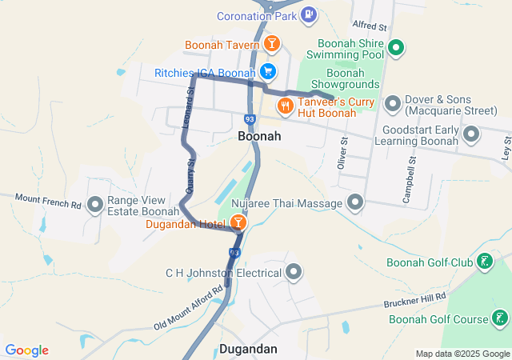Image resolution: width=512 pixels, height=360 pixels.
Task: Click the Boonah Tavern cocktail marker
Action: coord(272,43)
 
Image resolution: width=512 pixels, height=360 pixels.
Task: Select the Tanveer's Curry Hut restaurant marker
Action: coord(284,105)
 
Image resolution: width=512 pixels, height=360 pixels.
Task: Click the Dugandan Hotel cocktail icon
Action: coord(238,222)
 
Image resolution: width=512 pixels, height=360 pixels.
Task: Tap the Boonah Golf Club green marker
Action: coord(484,261)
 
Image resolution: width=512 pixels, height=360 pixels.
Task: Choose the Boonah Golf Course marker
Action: coord(500,318)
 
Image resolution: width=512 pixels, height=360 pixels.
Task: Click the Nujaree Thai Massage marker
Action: coord(354,202)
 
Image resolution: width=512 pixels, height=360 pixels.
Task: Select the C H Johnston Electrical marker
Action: coord(294,272)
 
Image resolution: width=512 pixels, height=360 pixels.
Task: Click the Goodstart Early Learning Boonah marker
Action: coord(471,134)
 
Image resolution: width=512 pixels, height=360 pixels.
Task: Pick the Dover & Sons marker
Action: coord(392,103)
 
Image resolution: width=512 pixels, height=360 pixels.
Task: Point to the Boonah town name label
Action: coord(259,137)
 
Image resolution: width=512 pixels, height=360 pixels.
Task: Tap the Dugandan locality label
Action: coord(248,349)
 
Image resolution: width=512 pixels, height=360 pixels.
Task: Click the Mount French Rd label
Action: coord(49,201)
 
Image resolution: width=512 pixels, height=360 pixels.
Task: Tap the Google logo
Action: coord(26,350)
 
